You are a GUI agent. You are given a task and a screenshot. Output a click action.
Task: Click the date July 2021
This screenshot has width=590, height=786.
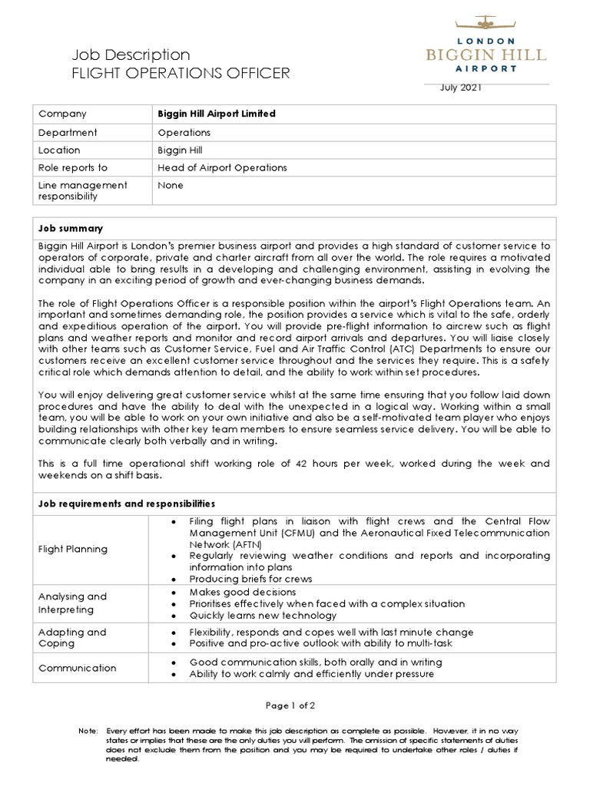tap(461, 88)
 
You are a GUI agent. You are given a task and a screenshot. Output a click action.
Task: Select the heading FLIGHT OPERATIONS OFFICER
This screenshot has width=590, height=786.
tap(181, 74)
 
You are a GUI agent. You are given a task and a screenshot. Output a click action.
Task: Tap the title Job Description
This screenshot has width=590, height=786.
tap(131, 54)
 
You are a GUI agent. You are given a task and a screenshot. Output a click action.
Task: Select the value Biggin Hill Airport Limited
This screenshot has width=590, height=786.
tap(216, 114)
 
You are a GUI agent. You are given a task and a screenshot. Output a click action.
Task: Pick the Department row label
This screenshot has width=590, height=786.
tap(68, 132)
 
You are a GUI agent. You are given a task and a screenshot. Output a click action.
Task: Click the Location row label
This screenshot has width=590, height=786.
tap(59, 150)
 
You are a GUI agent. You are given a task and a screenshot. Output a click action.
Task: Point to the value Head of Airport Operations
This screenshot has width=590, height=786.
tap(222, 168)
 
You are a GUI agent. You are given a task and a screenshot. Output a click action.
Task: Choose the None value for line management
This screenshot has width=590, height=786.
tap(170, 185)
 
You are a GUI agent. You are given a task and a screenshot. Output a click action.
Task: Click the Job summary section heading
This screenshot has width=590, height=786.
tap(71, 229)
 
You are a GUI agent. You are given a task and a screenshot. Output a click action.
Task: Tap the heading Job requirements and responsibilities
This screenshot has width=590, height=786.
tap(127, 504)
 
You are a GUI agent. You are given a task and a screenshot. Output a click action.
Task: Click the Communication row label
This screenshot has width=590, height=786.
tap(78, 668)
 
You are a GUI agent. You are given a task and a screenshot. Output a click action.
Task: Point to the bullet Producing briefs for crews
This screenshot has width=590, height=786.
tap(250, 578)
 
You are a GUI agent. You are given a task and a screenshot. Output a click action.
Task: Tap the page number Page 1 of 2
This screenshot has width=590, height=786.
tap(290, 705)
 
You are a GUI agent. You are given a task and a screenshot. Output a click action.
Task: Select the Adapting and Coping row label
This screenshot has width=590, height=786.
tap(72, 639)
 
